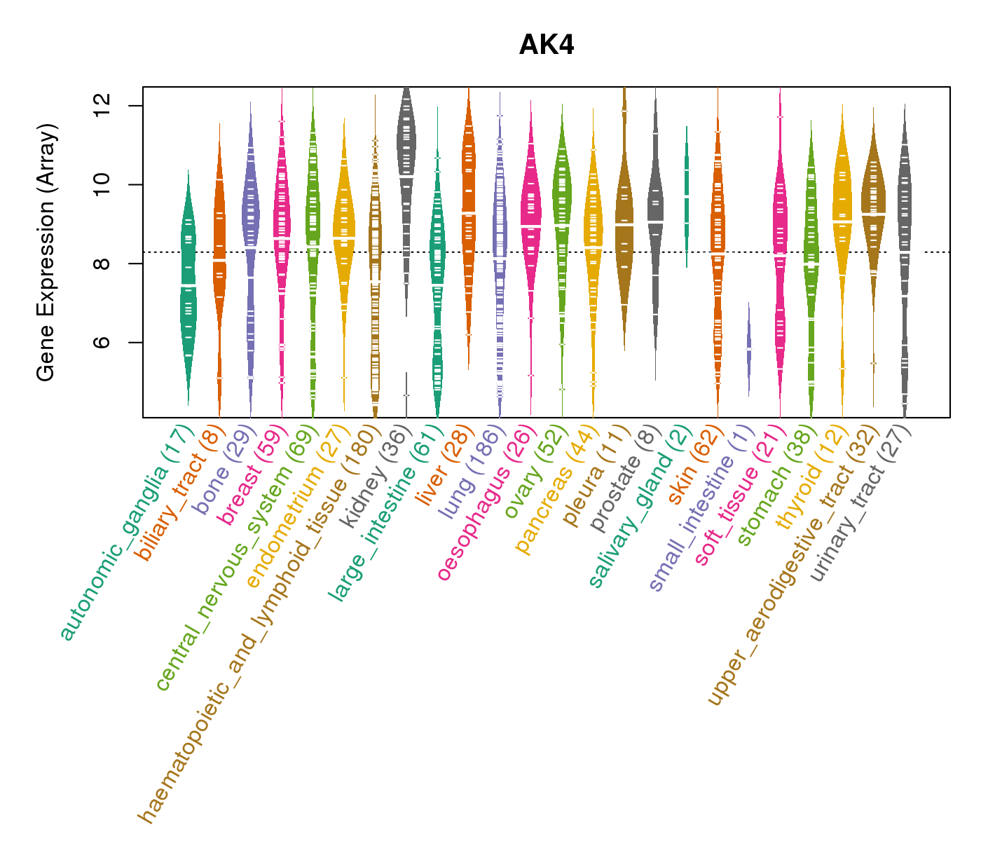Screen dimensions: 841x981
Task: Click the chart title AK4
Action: tap(547, 45)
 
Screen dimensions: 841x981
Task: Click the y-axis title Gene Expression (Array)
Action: tap(46, 252)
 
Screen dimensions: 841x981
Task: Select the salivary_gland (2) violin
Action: tap(687, 196)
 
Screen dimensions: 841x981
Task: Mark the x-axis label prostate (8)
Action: tap(626, 475)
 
